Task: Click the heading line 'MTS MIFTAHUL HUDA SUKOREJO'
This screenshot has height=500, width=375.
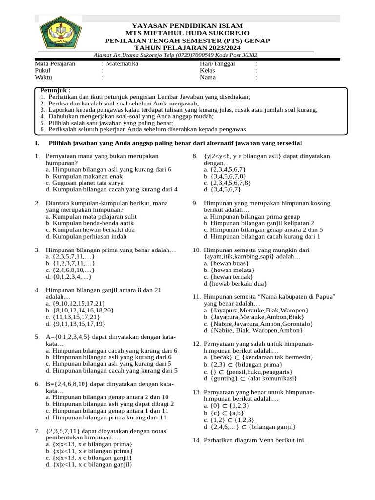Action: click(x=188, y=33)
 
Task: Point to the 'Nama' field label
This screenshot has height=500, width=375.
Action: click(x=208, y=77)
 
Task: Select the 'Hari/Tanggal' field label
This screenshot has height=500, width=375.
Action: click(x=217, y=64)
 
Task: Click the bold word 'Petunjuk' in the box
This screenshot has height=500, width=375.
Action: click(x=55, y=91)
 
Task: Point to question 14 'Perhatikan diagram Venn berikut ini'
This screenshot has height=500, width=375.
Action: click(x=254, y=440)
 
